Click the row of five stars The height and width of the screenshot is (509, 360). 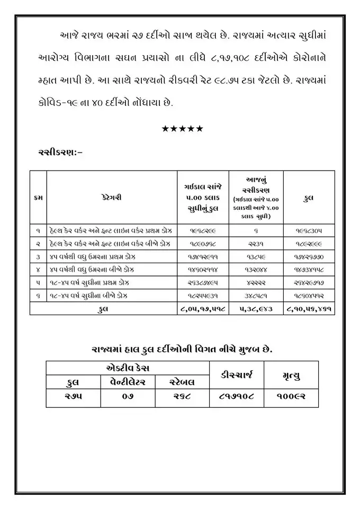182,129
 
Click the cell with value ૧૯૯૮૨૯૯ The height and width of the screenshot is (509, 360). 203,231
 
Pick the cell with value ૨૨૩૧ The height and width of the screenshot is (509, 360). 256,245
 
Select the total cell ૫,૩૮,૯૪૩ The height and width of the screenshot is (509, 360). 256,308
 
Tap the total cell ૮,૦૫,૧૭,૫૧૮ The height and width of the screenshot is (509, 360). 203,308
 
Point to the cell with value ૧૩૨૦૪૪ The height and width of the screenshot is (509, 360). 256,269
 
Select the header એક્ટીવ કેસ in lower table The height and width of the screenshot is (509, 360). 128,367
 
